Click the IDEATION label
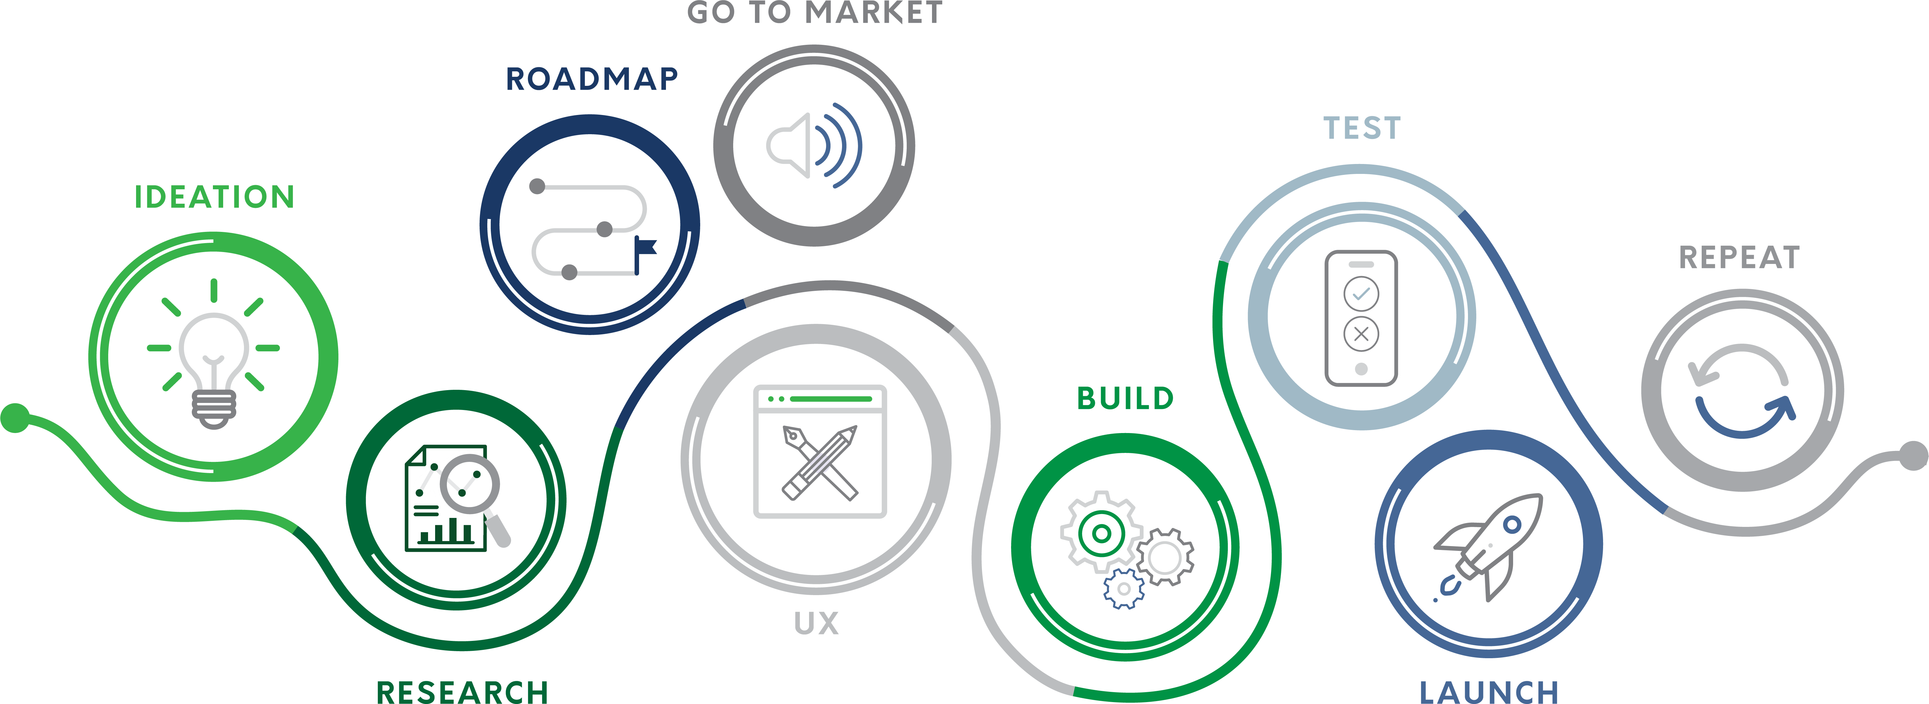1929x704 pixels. (214, 197)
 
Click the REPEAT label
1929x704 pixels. (1739, 258)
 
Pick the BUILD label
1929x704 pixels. (1125, 398)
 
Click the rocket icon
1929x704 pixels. (1489, 545)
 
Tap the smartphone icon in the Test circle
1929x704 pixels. (1361, 318)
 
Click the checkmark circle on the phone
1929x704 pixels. (1361, 294)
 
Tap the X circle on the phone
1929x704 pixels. (1361, 334)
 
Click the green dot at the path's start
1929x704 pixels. (15, 418)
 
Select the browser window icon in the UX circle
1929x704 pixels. (820, 452)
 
